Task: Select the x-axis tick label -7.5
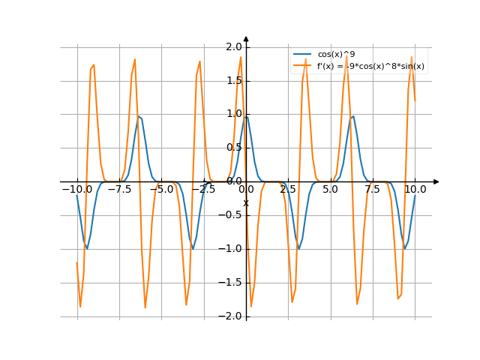coord(118,190)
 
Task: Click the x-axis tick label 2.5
coord(288,190)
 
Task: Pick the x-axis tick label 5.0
coord(330,190)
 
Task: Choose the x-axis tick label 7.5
coord(373,190)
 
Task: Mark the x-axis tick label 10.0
coord(415,190)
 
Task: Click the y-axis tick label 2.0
coord(233,46)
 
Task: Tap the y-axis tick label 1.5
coord(233,80)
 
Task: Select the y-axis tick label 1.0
coord(233,114)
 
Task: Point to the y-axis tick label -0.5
coord(231,215)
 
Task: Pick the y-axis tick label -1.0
coord(231,249)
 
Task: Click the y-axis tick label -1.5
coord(231,283)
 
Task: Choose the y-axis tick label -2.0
coord(231,316)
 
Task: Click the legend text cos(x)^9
coord(337,55)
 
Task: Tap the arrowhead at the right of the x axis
coord(436,181)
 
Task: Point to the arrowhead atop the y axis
coord(246,39)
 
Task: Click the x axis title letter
coord(246,202)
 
